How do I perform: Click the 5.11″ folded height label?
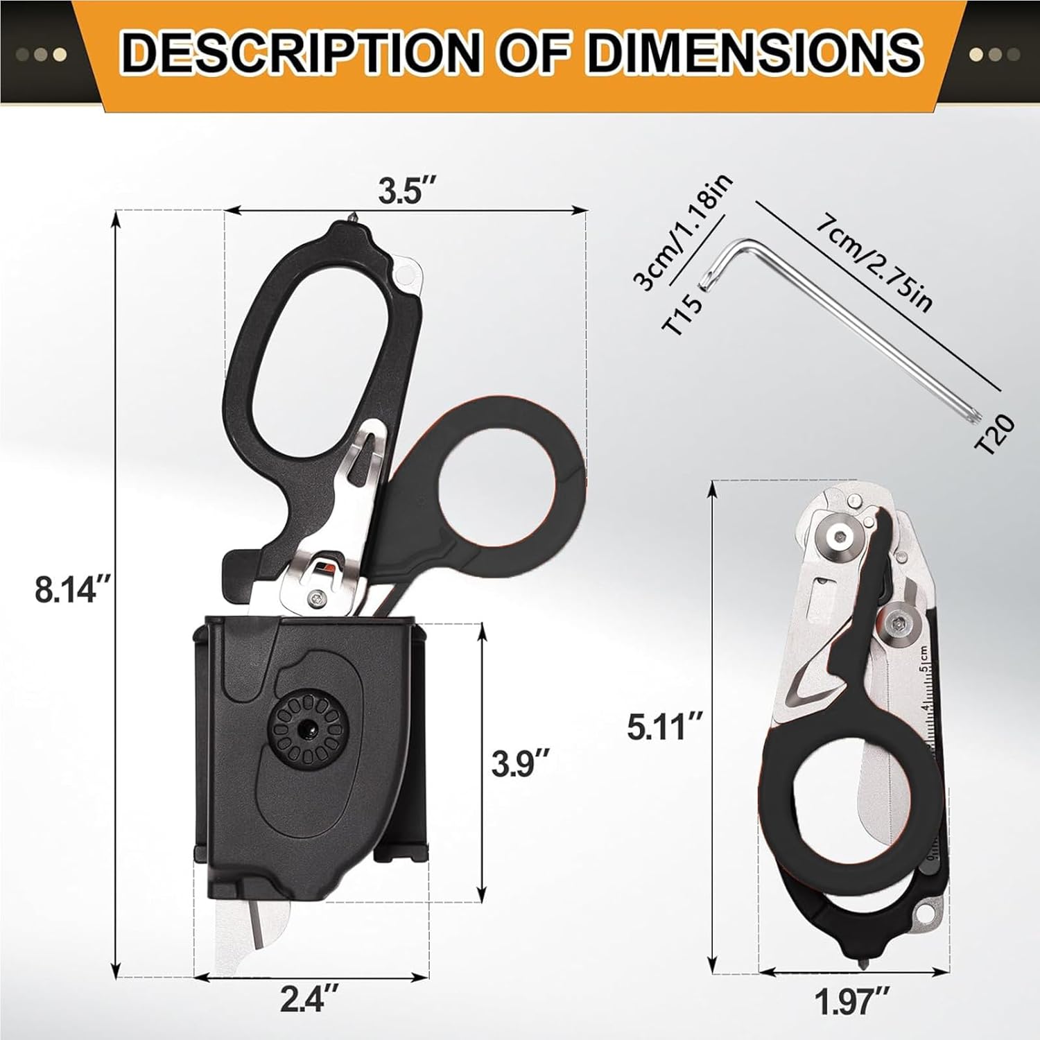coord(665,728)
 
